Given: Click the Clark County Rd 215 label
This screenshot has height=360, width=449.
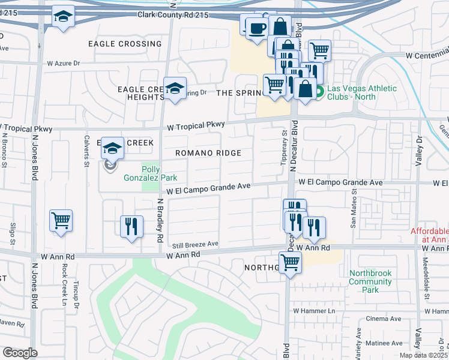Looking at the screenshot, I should pos(172,14).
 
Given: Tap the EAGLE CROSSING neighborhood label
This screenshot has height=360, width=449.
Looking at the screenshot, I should pos(125,44).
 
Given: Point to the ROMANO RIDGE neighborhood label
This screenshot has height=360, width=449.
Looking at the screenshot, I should pos(208,153).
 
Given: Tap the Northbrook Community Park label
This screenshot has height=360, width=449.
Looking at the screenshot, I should pos(370,281).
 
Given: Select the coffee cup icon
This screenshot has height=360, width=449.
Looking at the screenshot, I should pos(257,28).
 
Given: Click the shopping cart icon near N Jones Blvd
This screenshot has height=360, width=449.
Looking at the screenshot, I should pos(61,221).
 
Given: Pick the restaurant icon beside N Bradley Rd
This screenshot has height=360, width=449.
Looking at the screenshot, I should pos(131,226).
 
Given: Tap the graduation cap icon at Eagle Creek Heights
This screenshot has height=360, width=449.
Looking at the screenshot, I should pos(174,88).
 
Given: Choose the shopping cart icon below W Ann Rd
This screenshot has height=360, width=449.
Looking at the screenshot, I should pos(290,262).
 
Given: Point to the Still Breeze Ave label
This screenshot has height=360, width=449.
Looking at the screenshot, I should pos(195,244).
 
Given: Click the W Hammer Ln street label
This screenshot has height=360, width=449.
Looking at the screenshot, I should pos(314,311).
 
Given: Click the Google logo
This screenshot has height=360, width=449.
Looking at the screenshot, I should pos(19,353).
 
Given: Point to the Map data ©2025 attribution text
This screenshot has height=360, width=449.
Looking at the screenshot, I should pos(424,355).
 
